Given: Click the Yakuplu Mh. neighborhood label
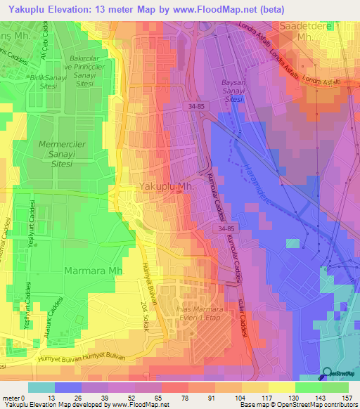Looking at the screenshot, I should click(166, 187).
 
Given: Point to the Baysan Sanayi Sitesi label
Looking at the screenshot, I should click(238, 90).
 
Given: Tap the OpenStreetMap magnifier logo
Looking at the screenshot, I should click(327, 374).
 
